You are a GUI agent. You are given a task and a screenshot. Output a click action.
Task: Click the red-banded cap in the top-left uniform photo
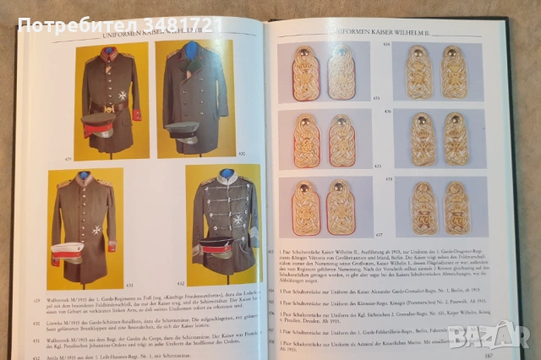pyautogui.click(x=98, y=123)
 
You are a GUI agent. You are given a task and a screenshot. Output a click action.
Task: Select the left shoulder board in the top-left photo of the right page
pyautogui.click(x=306, y=74)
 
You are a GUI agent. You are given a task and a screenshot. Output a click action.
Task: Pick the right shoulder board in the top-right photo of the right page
pyautogui.click(x=454, y=72)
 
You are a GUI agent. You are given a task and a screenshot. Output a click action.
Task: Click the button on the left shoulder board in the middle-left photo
pyautogui.click(x=306, y=121)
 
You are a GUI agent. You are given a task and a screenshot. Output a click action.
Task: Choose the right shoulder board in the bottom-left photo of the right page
pyautogui.click(x=342, y=207)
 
